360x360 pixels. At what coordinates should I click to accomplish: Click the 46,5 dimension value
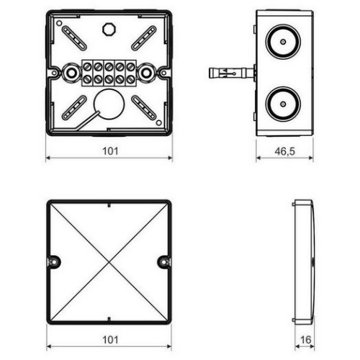coord(285,151)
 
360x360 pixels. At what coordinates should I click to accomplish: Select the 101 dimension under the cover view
coord(109,338)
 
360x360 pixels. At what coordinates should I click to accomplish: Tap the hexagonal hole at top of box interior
coord(109,29)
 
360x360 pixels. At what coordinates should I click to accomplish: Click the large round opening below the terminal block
coord(109,103)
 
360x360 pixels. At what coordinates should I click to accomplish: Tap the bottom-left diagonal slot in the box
coord(74,107)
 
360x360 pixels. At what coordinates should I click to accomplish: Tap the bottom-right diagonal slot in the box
coord(143,107)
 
